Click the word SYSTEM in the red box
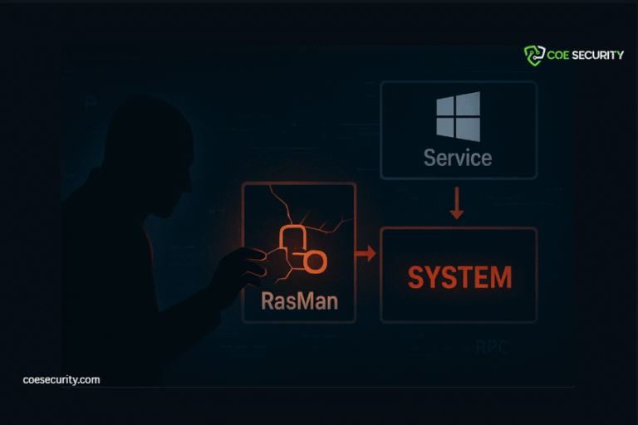(459, 277)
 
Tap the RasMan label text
(300, 300)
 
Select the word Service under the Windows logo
(458, 157)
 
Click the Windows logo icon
(458, 116)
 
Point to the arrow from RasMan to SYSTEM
(365, 252)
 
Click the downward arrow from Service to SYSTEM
(456, 204)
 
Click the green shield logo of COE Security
(533, 56)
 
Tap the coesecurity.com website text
(61, 379)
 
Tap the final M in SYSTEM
(498, 277)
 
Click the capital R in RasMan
(268, 300)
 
